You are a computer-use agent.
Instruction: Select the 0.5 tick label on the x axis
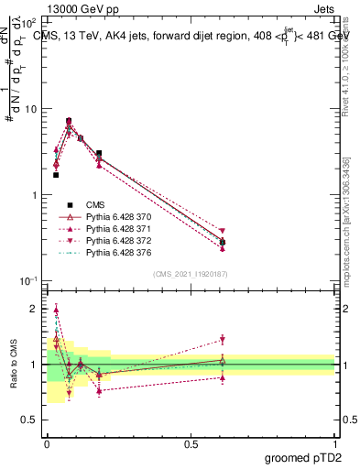191,443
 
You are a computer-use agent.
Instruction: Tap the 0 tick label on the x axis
47,443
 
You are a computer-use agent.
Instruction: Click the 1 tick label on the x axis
335,443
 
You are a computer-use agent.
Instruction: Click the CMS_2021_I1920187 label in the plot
191,274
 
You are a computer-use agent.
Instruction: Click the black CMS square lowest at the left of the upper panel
56,174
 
